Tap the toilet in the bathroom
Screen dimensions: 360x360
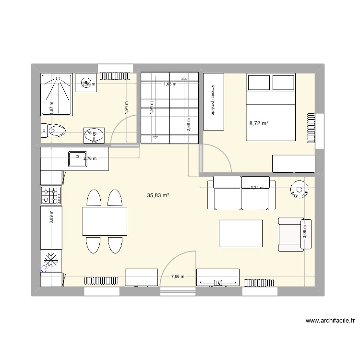(x=54, y=130)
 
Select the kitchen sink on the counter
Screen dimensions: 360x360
(x=76, y=158)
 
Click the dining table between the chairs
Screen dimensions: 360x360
(x=105, y=221)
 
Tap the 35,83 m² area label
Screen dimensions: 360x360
(x=158, y=195)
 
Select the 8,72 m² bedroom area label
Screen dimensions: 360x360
(x=258, y=124)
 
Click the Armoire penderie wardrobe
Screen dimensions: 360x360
(x=214, y=101)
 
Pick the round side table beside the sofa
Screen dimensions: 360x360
(x=298, y=189)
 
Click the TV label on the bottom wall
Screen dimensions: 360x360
(x=217, y=283)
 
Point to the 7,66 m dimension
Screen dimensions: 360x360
(x=178, y=276)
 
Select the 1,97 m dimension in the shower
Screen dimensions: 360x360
(x=51, y=107)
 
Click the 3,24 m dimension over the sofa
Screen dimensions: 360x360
(x=258, y=188)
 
